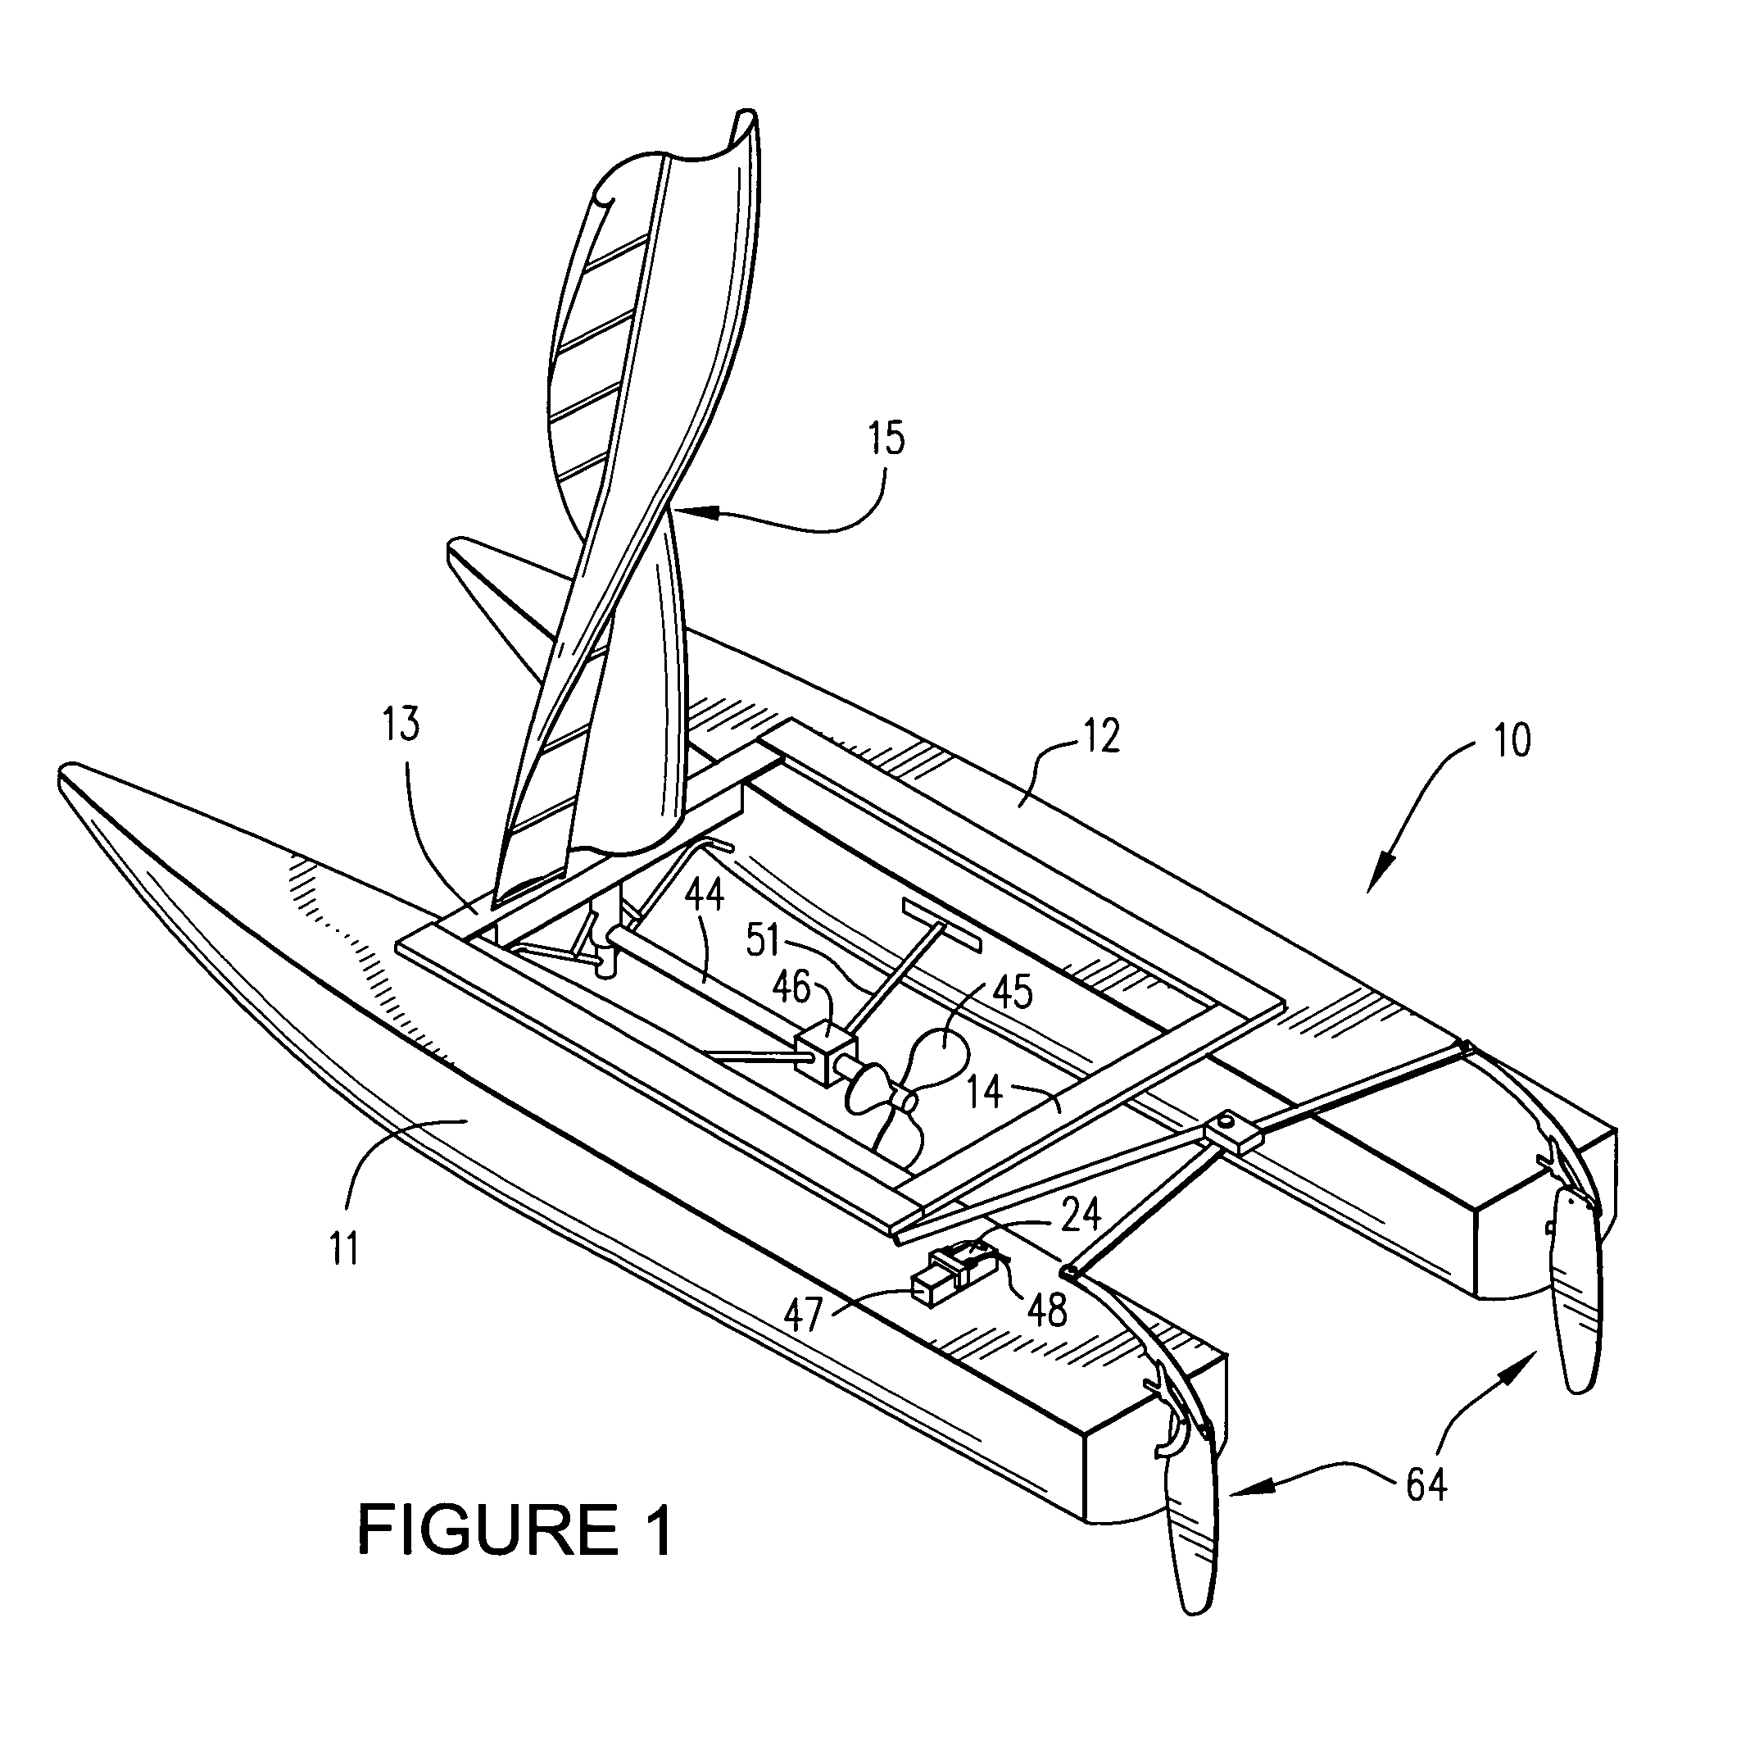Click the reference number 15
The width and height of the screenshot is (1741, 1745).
(x=886, y=439)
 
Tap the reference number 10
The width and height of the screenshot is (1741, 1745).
(x=1513, y=741)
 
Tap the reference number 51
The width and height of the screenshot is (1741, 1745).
(x=763, y=941)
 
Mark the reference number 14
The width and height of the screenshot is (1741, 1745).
(x=985, y=1092)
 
